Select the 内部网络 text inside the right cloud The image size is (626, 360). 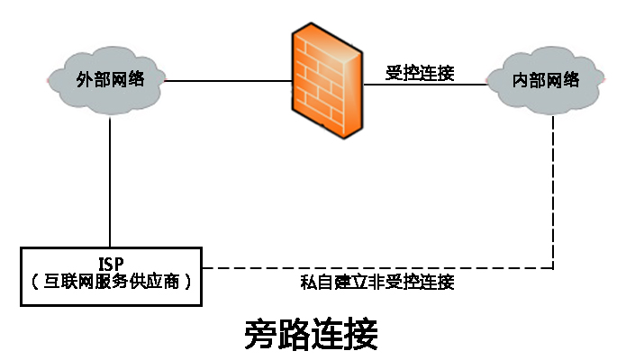546,80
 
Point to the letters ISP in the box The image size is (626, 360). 112,264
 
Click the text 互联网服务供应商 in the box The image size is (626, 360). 112,282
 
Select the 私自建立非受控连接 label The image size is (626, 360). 377,283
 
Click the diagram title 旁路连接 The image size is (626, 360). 312,334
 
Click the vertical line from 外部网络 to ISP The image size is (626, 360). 111,180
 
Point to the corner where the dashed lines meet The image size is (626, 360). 553,268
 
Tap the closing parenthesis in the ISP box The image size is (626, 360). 188,282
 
